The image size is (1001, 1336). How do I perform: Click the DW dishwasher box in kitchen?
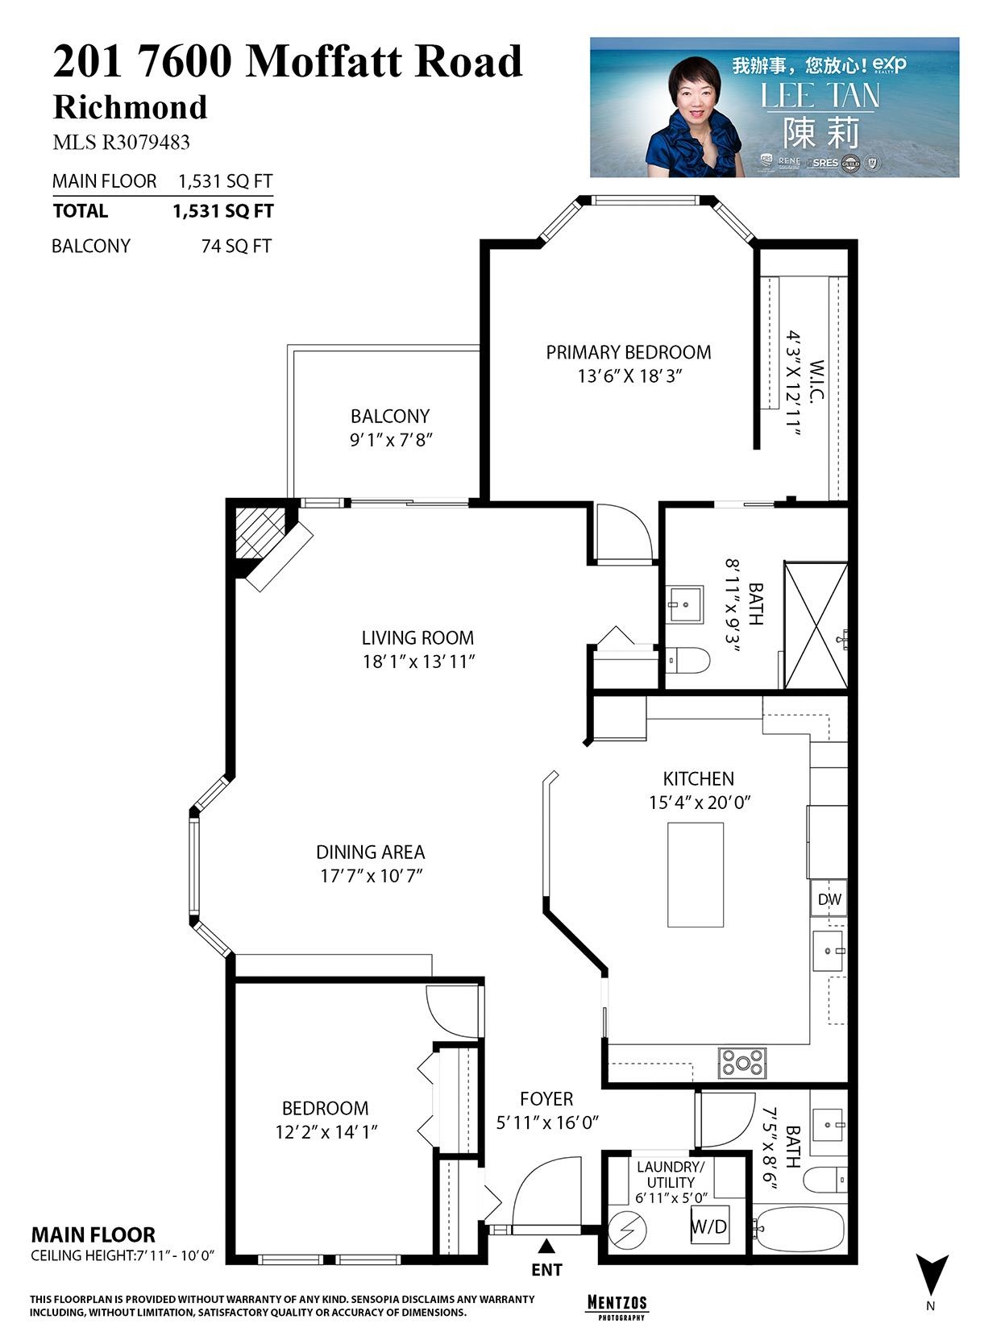(x=829, y=899)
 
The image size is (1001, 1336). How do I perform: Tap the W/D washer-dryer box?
(x=709, y=1226)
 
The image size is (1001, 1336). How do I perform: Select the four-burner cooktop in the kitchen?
(x=742, y=1063)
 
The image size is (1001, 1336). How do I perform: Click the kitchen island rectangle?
(x=696, y=874)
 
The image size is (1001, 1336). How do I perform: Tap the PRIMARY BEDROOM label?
(x=629, y=352)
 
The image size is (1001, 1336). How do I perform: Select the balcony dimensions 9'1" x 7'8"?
(x=389, y=440)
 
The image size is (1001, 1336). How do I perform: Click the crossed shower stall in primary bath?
(x=816, y=626)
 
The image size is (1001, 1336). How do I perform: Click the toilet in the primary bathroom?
(x=690, y=661)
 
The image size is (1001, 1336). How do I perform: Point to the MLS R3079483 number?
(x=121, y=143)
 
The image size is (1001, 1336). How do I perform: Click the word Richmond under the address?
(x=130, y=107)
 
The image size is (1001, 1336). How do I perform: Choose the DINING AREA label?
(x=370, y=852)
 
